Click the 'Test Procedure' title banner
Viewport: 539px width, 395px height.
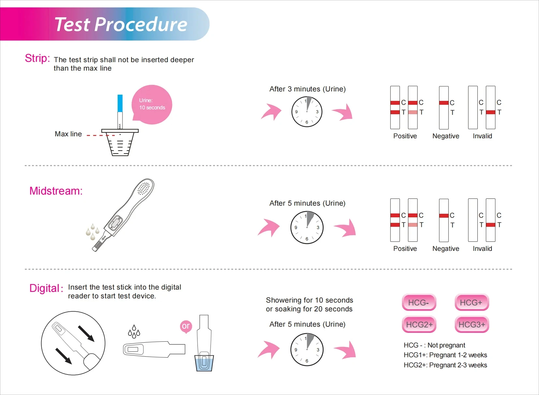pos(121,24)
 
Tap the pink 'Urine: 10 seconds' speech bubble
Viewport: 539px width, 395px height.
pos(152,104)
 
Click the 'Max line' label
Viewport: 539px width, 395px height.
pos(68,134)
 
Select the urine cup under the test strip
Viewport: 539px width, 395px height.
pos(120,143)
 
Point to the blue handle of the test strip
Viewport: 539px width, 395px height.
pos(120,103)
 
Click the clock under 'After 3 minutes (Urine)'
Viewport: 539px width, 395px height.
pos(307,112)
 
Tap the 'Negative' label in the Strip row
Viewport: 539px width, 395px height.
pos(445,136)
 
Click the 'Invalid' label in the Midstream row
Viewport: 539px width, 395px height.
pos(482,249)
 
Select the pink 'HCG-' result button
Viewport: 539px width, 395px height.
pos(419,303)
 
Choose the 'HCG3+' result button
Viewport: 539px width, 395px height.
pos(472,324)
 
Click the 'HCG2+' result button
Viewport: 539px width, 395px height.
pos(419,324)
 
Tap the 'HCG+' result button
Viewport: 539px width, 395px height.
pos(472,303)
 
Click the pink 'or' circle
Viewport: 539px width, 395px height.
pos(186,326)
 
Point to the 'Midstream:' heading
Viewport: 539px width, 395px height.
pos(56,191)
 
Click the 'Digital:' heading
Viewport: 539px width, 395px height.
pos(46,288)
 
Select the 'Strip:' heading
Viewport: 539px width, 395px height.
pos(37,59)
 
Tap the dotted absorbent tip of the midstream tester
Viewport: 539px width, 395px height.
pos(144,188)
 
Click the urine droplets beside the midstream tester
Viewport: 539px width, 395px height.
pos(92,231)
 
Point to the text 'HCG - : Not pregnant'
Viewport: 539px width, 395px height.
pos(434,345)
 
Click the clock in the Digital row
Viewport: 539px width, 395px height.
pos(307,349)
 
